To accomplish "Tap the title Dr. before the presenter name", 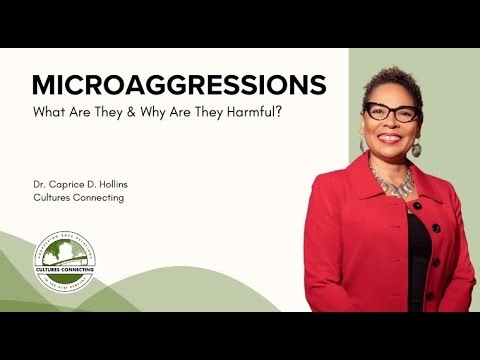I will click(x=40, y=184).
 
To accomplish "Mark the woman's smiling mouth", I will click(x=392, y=140).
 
